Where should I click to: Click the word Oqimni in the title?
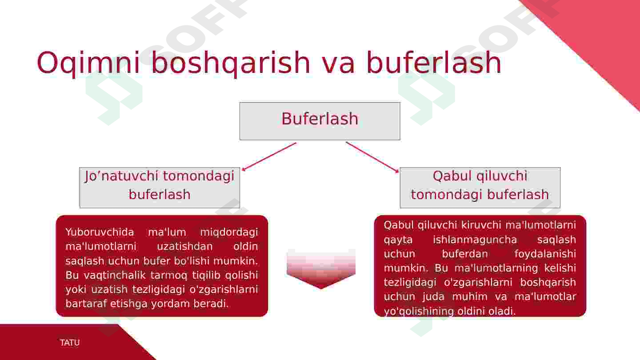88,63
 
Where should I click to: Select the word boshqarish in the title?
230,63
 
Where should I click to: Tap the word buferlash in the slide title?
434,62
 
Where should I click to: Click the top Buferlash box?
320,121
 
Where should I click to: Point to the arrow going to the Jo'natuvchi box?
269,156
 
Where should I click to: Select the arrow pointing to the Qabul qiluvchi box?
372,157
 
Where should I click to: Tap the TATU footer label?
70,343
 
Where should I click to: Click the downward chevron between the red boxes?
321,268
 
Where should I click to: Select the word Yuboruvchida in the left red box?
100,232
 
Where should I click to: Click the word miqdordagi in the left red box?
229,232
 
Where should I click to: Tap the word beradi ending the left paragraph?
211,304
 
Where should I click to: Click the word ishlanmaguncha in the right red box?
475,240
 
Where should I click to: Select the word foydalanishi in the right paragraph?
545,254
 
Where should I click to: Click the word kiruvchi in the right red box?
481,225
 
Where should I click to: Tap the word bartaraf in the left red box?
86,304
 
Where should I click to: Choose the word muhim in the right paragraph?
470,296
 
